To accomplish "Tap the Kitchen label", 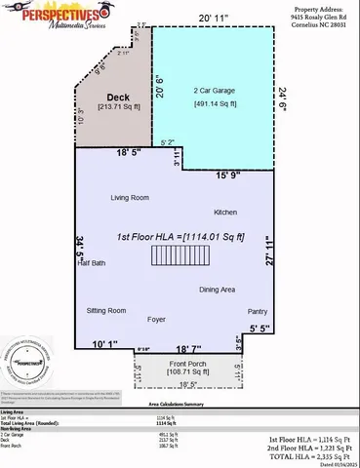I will pyautogui.click(x=225, y=212).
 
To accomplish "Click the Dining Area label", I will pyautogui.click(x=217, y=290).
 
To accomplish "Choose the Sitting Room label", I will pyautogui.click(x=106, y=310).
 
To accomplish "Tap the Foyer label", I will pyautogui.click(x=157, y=318).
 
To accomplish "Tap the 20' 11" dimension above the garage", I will pyautogui.click(x=216, y=19).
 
